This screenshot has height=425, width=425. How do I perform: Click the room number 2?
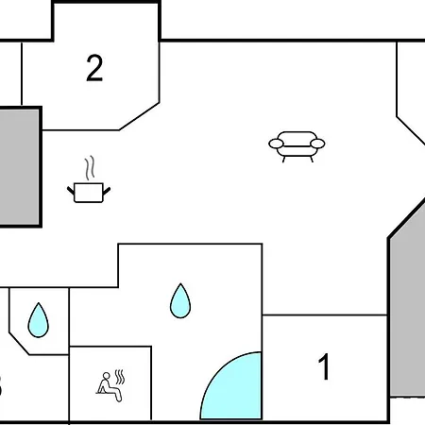94,68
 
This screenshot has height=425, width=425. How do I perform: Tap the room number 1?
324,366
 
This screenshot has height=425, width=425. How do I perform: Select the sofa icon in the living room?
297,146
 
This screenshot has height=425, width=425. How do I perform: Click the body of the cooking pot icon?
89,193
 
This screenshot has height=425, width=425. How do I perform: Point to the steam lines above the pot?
90,168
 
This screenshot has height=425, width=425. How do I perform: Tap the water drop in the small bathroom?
39,320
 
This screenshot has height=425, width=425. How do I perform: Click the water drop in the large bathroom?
180,301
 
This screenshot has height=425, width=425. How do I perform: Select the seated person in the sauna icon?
109,387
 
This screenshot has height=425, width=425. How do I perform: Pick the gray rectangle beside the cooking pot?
20,167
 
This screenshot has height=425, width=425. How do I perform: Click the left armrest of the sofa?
276,144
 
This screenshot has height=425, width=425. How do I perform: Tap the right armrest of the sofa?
317,144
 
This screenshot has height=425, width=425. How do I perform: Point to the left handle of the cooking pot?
71,191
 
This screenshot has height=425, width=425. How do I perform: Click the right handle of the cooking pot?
107,191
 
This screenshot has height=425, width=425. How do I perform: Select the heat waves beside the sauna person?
120,377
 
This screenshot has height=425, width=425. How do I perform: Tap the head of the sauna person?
107,376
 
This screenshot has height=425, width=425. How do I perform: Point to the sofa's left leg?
283,160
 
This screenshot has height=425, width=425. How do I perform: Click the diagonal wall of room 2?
139,116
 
